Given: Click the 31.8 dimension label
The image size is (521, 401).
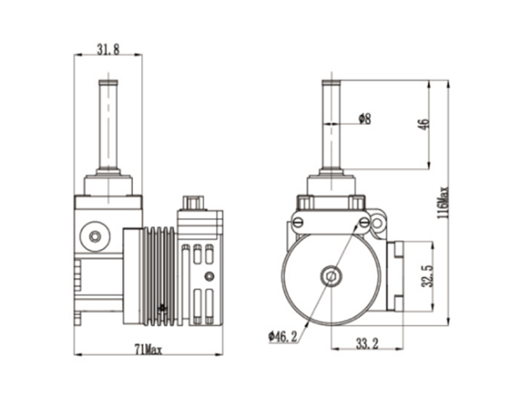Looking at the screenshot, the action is point(108,49).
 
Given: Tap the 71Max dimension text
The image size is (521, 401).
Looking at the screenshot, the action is point(148,349).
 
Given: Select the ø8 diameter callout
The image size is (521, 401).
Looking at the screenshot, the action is point(365,118).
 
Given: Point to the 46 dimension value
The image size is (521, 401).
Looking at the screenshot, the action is point(425,124).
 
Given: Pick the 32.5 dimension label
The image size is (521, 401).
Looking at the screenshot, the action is point(427,276).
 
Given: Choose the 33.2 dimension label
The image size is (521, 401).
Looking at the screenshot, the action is point(367,343).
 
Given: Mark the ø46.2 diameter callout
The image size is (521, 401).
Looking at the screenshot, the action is point(283,337).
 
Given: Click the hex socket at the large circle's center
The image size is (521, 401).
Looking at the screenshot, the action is point(330,276).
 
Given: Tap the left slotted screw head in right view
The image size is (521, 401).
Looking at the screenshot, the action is point(298,222).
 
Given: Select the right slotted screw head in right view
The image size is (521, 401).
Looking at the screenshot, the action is point(364,222).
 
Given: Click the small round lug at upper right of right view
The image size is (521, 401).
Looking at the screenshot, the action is point(377,222).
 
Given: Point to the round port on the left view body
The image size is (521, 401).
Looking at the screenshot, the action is point(95,236).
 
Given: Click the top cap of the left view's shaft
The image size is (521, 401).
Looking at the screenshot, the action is point(108,82).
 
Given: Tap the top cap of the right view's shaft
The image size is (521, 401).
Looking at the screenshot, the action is point(331,82).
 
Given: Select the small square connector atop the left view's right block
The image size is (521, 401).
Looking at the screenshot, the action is point(192,203).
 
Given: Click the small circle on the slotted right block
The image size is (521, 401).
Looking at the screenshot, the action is point(209,276).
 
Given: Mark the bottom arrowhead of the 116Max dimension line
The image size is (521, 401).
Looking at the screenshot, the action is point(447,321).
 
